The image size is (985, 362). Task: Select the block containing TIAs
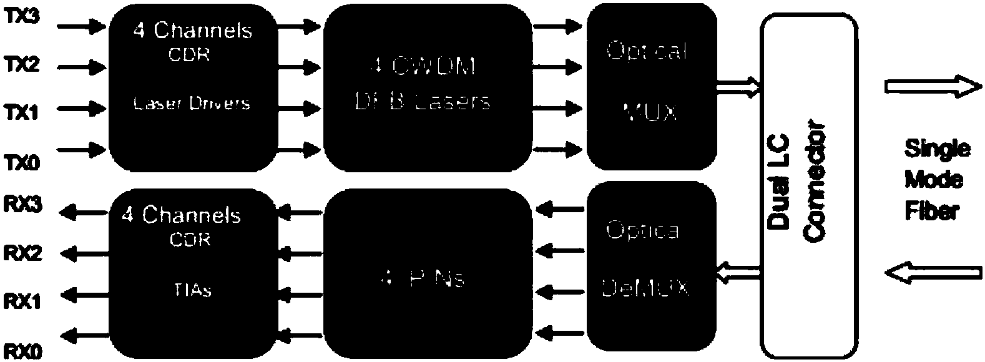coord(192,275)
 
